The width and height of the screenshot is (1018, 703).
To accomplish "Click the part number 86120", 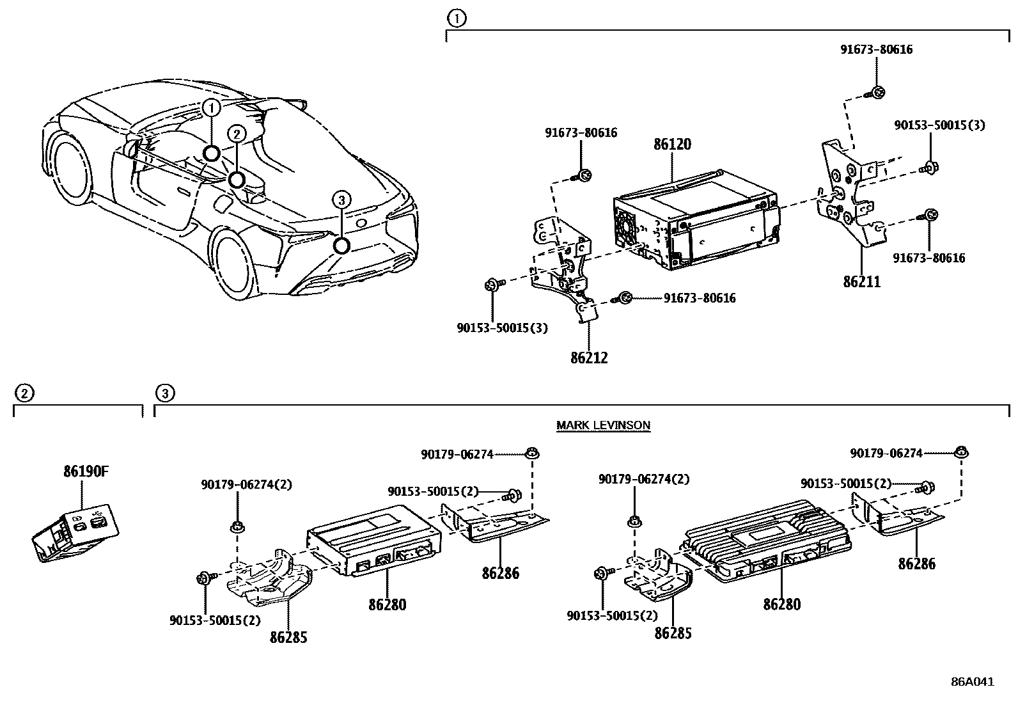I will pos(672,145).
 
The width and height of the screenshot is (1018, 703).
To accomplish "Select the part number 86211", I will pos(861,281).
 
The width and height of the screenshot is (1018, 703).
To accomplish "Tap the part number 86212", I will pos(589,358).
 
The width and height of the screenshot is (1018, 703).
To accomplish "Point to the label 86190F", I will pos(86,472).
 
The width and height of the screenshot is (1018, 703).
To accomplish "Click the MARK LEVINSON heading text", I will pos(603,425).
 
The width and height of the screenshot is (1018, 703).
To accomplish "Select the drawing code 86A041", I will pos(972,682).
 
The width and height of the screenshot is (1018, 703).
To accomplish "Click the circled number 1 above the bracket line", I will pos(456,19).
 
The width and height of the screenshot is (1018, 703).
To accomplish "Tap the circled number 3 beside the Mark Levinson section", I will pos(164,393).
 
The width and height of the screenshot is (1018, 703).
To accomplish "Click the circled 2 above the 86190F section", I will pos(23,393).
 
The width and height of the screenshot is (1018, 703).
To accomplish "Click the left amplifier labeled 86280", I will pos(374,537).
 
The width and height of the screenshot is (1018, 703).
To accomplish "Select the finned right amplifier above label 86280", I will pos(767,537).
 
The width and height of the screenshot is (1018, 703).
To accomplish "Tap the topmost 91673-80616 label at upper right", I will pos(876,49).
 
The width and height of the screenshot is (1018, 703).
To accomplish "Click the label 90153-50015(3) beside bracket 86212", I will pos(502,328).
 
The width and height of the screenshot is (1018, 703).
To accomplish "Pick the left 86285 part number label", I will pos(288,637).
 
